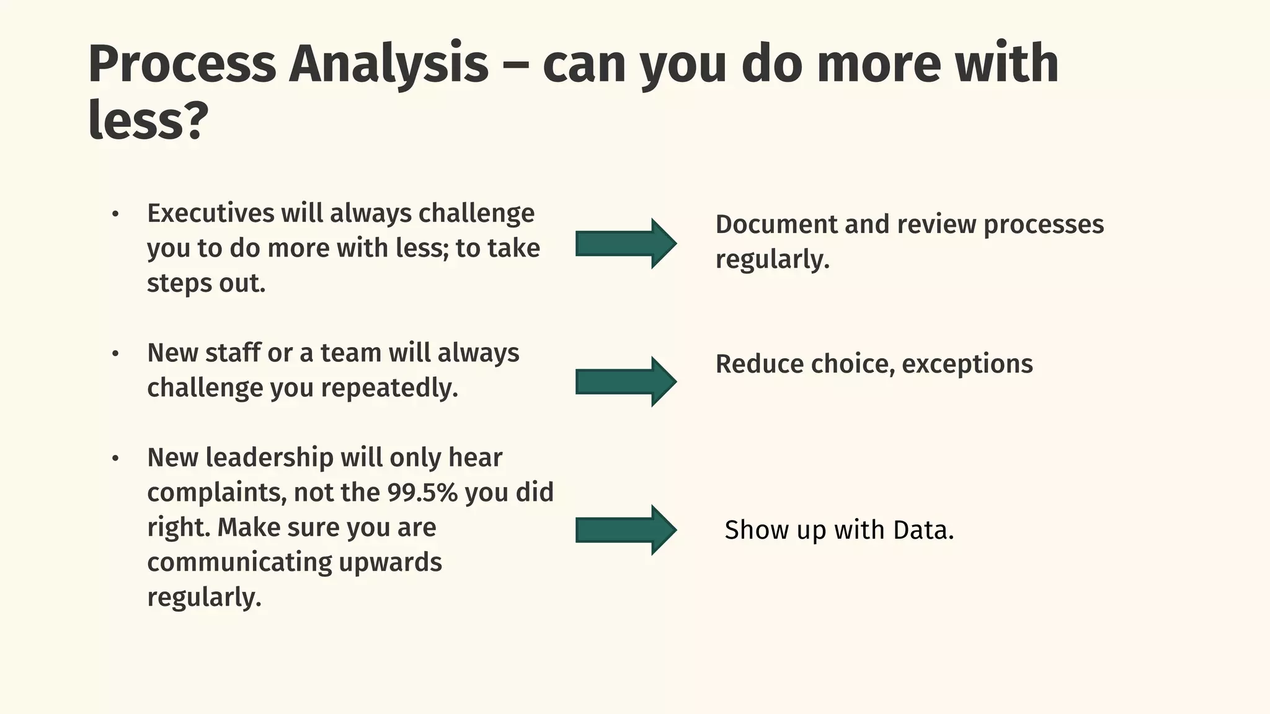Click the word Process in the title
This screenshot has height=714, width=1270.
click(182, 64)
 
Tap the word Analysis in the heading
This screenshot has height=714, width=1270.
click(389, 64)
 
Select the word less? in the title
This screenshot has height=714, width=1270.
click(148, 121)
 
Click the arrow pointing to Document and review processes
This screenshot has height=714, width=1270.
click(625, 244)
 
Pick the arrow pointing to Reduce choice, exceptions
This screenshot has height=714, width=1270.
click(625, 382)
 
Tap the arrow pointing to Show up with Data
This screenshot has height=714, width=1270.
click(625, 530)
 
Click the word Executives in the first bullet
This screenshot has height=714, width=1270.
click(210, 213)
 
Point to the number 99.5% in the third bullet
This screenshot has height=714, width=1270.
click(422, 493)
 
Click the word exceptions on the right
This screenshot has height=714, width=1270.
click(967, 364)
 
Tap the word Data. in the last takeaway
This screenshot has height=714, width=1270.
click(923, 531)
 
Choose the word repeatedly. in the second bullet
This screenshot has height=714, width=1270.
click(389, 388)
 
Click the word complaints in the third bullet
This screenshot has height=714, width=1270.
click(216, 493)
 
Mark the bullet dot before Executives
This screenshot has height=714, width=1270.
click(115, 214)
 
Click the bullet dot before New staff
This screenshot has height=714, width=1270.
click(115, 354)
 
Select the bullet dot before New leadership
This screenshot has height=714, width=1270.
click(115, 459)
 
